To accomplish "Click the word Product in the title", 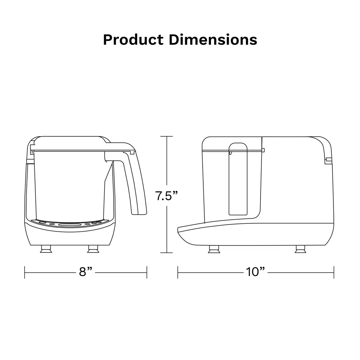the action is coord(133,40).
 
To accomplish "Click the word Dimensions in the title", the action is coord(213,40).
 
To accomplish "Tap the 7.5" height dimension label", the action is coord(166,196).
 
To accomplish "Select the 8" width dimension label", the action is coord(85,271).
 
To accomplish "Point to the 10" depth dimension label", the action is coord(255,271).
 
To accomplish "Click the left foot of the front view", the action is coord(46,249).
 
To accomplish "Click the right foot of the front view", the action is coord(93,249).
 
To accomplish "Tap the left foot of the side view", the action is coord(214,249).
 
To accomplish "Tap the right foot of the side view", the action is coord(300,249).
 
